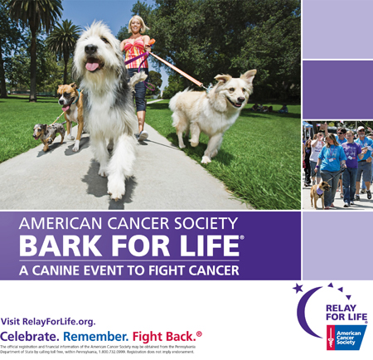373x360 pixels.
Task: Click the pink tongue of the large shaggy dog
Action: point(92,66)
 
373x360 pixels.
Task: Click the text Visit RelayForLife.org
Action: point(48,321)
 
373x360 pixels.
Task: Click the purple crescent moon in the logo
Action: point(309,320)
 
